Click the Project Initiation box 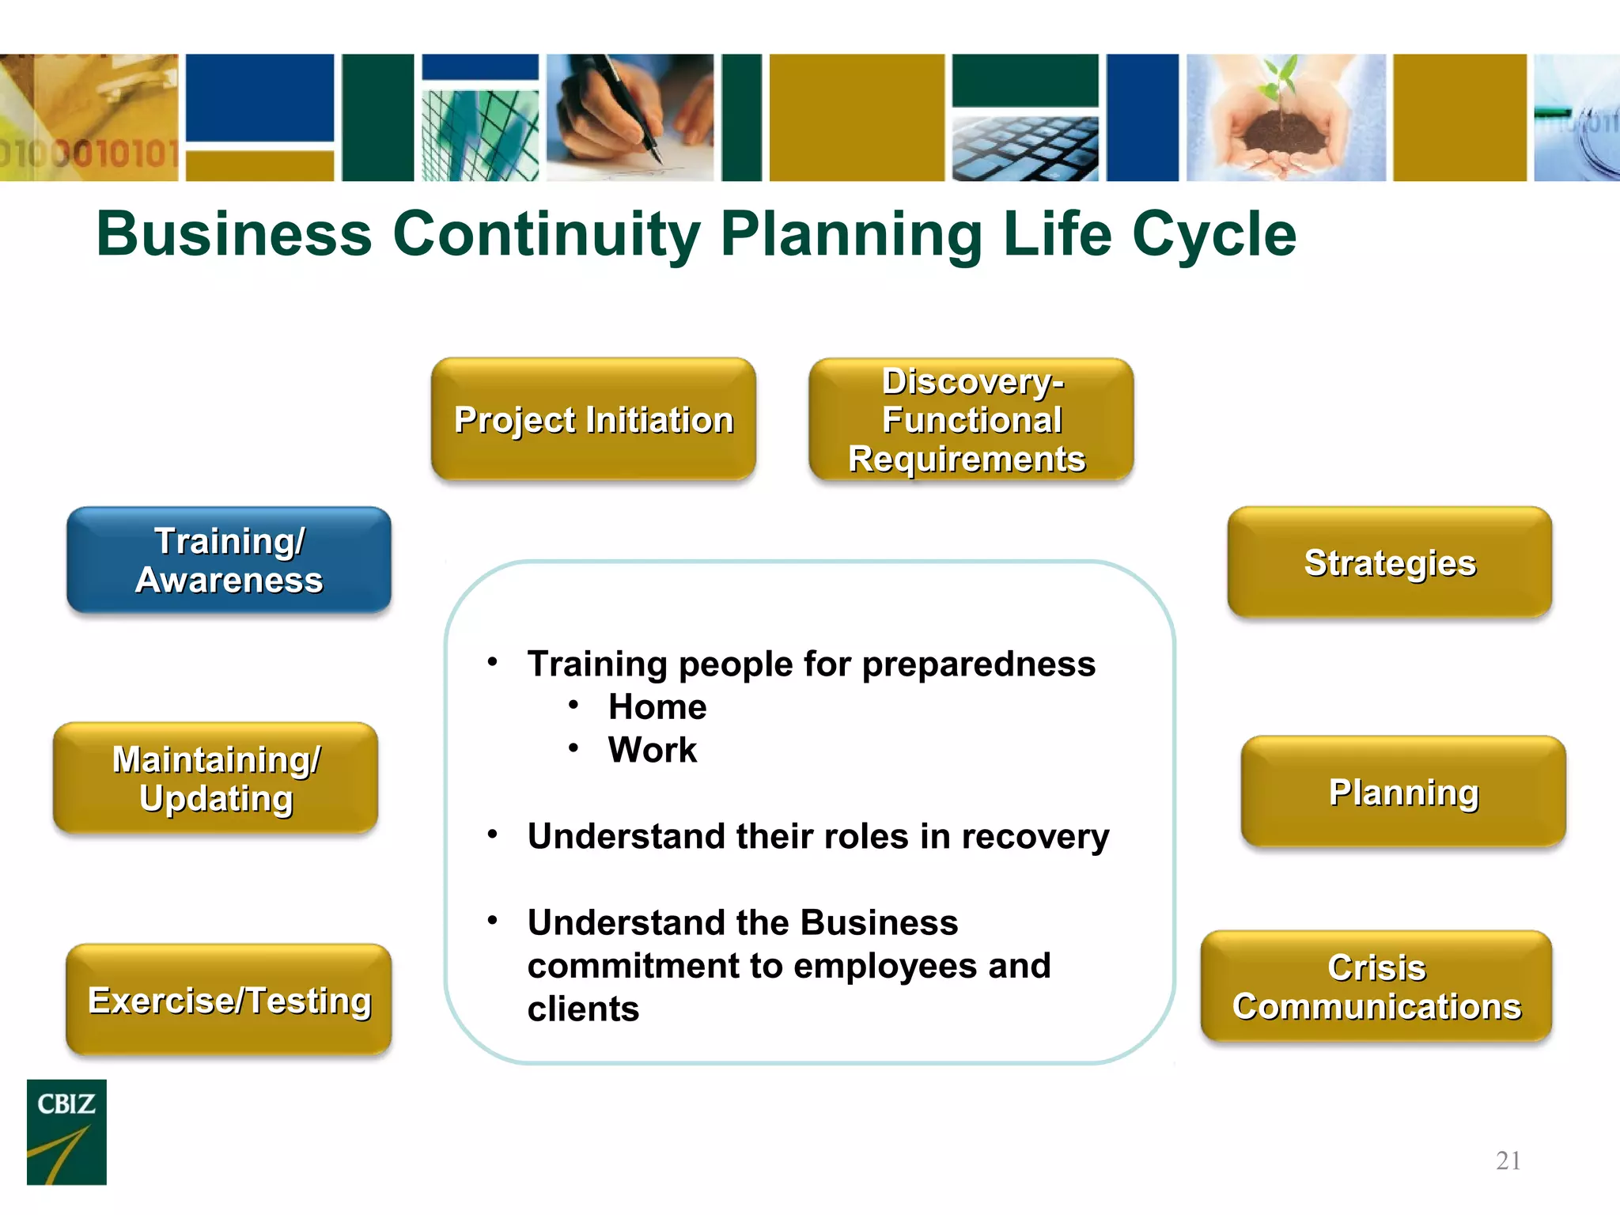tap(593, 419)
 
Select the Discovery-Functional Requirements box tap(971, 419)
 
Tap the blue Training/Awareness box tap(229, 560)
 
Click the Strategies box tap(1390, 562)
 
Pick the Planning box tap(1403, 792)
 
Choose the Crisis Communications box tap(1376, 986)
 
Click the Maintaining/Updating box tap(215, 778)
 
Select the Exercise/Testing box tap(229, 1000)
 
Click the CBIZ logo tap(66, 1131)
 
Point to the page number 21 tap(1508, 1160)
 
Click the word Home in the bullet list tap(657, 706)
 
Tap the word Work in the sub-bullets tap(653, 750)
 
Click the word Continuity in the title tap(546, 234)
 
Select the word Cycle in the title tap(1214, 234)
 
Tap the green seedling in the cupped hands tap(1281, 83)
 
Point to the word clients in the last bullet tap(583, 1009)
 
